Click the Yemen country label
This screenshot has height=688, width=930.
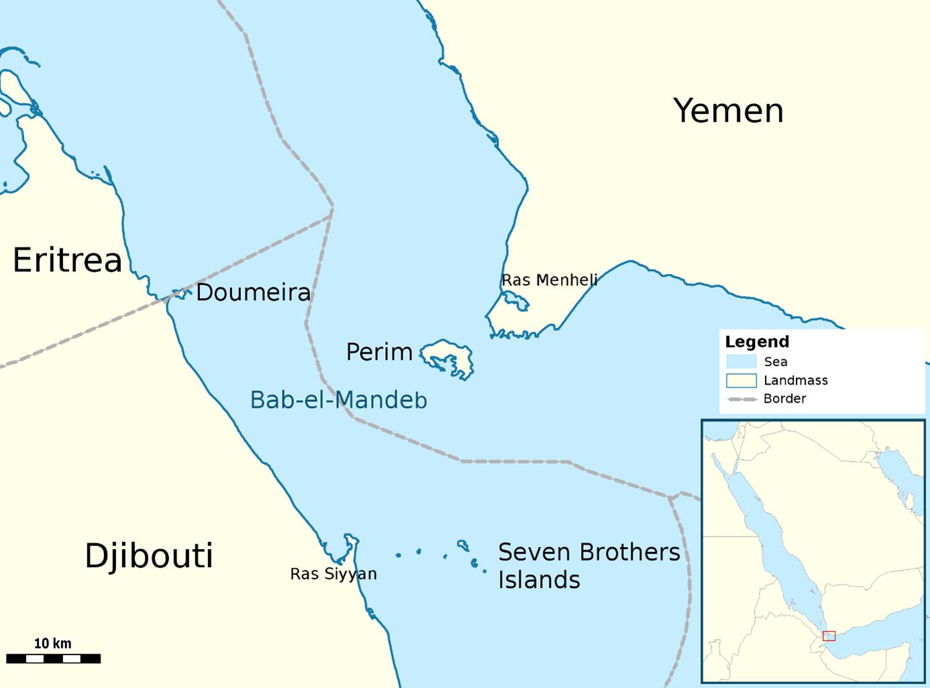point(728,111)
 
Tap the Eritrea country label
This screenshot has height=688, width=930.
point(67,260)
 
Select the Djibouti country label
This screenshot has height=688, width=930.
point(148,556)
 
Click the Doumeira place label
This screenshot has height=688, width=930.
point(253,293)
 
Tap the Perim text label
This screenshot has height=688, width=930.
point(379,352)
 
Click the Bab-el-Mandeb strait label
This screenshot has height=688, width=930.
point(338,400)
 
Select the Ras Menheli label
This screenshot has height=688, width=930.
point(549,280)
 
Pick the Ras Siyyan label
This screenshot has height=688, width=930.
point(333,574)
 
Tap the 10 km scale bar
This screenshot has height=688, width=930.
point(53,658)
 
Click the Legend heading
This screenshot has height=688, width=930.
point(757,342)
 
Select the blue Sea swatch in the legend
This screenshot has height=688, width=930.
point(741,362)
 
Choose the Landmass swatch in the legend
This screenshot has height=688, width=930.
point(741,381)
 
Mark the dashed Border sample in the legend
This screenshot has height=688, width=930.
point(741,399)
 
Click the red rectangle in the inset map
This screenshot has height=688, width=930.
point(829,636)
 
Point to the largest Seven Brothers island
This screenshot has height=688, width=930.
point(463,545)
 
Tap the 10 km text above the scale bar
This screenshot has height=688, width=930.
point(52,643)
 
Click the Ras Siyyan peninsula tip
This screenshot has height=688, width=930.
point(349,538)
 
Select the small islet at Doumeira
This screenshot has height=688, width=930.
point(178,293)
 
